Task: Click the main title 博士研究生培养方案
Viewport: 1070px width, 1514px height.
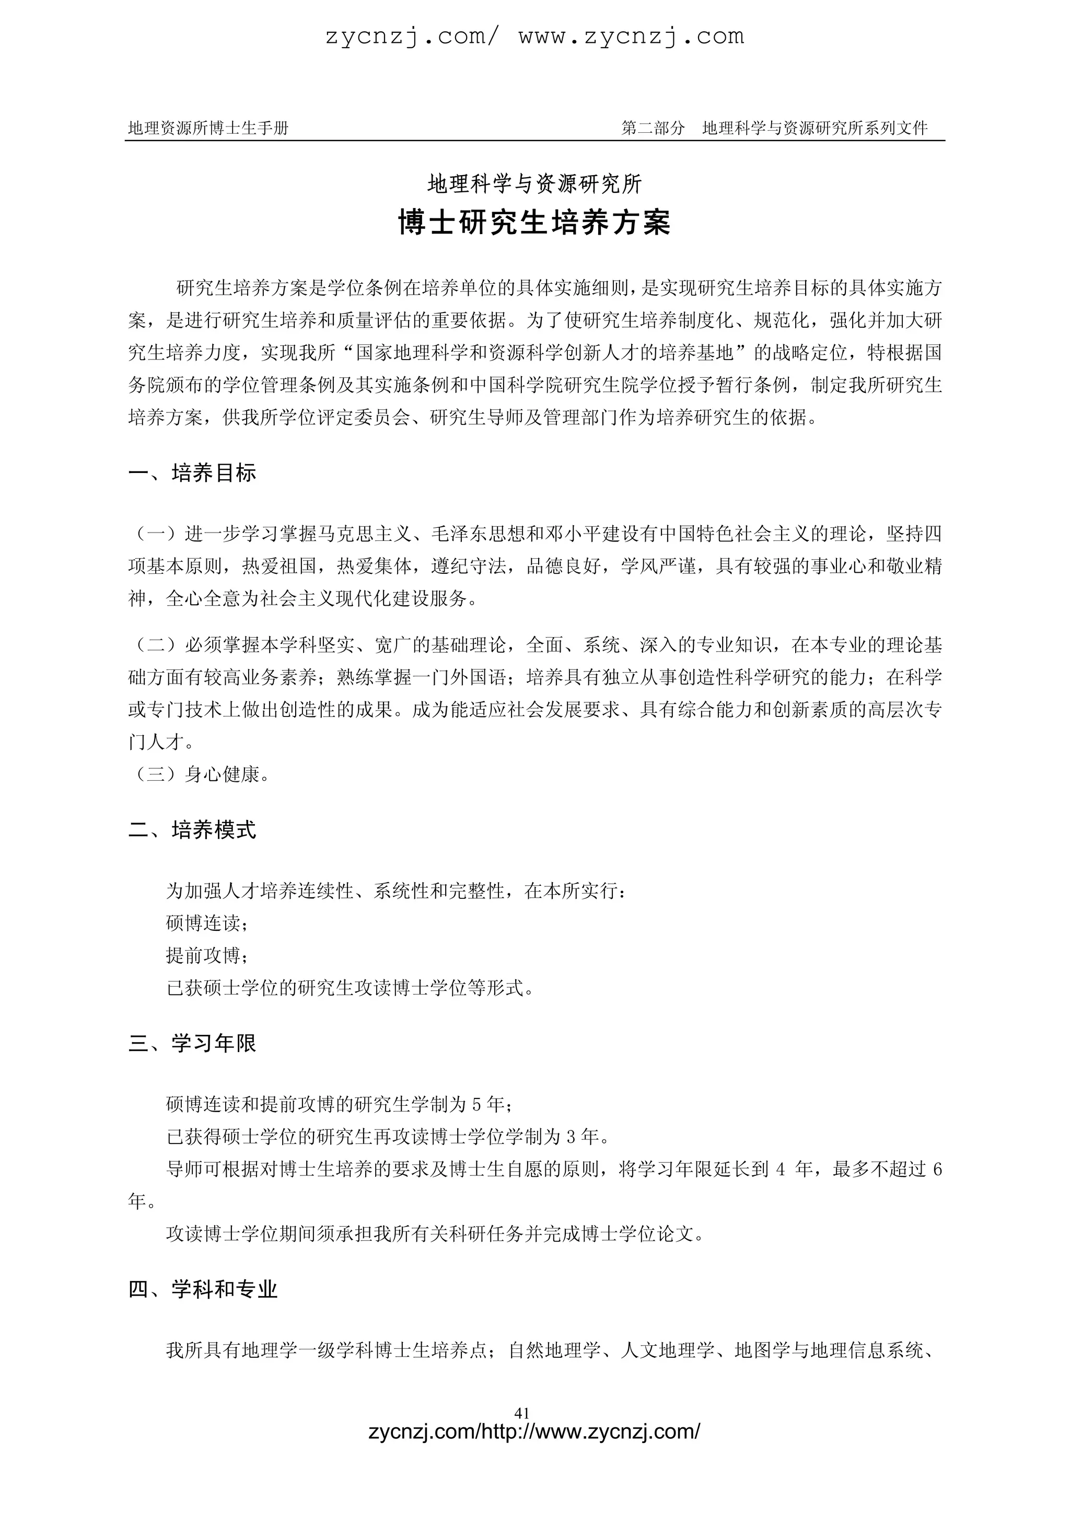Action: (534, 223)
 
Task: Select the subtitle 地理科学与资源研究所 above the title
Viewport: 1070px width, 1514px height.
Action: (534, 184)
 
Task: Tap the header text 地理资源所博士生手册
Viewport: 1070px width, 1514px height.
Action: (208, 128)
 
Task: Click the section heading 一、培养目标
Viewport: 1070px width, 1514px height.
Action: (192, 473)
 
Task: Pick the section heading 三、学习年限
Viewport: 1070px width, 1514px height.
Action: (192, 1043)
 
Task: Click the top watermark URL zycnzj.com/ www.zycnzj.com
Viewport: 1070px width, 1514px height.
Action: (534, 36)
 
